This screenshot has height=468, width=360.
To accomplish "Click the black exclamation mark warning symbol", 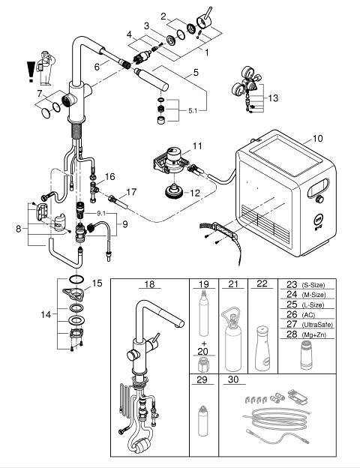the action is [x=31, y=72].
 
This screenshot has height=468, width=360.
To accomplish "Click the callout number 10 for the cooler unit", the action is [x=317, y=139].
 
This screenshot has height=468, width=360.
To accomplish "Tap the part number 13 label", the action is [x=273, y=98].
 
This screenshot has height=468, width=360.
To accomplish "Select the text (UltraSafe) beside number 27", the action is [x=317, y=325].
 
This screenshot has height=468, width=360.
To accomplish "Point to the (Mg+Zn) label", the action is [x=313, y=335].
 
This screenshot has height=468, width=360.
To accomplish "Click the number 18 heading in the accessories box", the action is [x=149, y=283].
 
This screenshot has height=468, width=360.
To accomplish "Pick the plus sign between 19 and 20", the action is [x=204, y=343].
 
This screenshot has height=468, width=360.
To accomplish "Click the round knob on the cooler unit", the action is [x=319, y=199].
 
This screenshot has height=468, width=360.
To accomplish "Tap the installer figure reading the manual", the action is [x=46, y=68].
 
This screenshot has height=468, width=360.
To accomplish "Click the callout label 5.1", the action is [x=193, y=111].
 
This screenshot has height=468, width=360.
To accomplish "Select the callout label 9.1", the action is [x=101, y=214].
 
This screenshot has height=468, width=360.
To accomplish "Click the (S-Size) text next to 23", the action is [x=313, y=285].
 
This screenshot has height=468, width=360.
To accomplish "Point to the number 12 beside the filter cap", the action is [x=195, y=193].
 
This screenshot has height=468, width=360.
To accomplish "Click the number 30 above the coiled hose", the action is [x=233, y=379].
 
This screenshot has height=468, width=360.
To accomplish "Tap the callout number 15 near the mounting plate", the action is [x=97, y=283].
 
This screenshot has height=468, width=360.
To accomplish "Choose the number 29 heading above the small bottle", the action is [x=202, y=379].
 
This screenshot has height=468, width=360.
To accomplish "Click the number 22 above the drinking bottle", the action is [x=262, y=283].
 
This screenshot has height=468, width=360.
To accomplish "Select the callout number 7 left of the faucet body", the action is [x=40, y=94].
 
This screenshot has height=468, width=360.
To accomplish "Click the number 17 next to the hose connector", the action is [x=131, y=192].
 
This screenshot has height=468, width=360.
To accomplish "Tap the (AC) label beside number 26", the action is [x=308, y=315].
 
